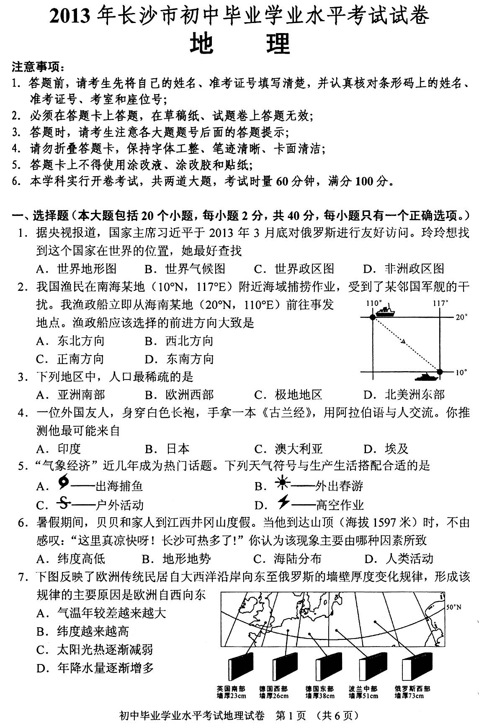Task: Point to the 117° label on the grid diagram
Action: click(440, 303)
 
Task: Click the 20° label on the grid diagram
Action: click(461, 317)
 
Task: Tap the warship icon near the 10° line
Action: click(426, 377)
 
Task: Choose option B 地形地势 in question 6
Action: click(176, 559)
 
